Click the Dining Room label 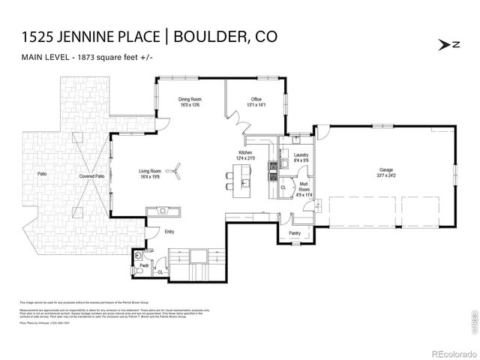[x=188, y=99]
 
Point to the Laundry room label [x=301, y=154]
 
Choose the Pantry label [x=295, y=233]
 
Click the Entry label [x=169, y=232]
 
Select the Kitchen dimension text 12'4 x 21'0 [x=246, y=158]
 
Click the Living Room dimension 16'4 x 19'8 [x=150, y=178]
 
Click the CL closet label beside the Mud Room [x=283, y=187]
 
